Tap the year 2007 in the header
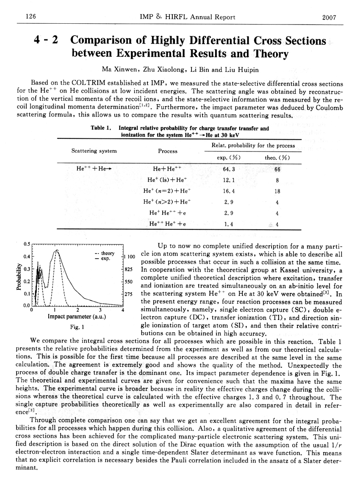click(x=329, y=17)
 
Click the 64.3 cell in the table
click(x=229, y=169)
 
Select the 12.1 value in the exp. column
click(x=229, y=180)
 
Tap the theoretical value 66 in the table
click(x=277, y=169)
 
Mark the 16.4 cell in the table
click(x=229, y=191)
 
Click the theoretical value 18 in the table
click(x=277, y=191)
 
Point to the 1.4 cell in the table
click(x=229, y=224)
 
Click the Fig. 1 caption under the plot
click(x=77, y=327)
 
